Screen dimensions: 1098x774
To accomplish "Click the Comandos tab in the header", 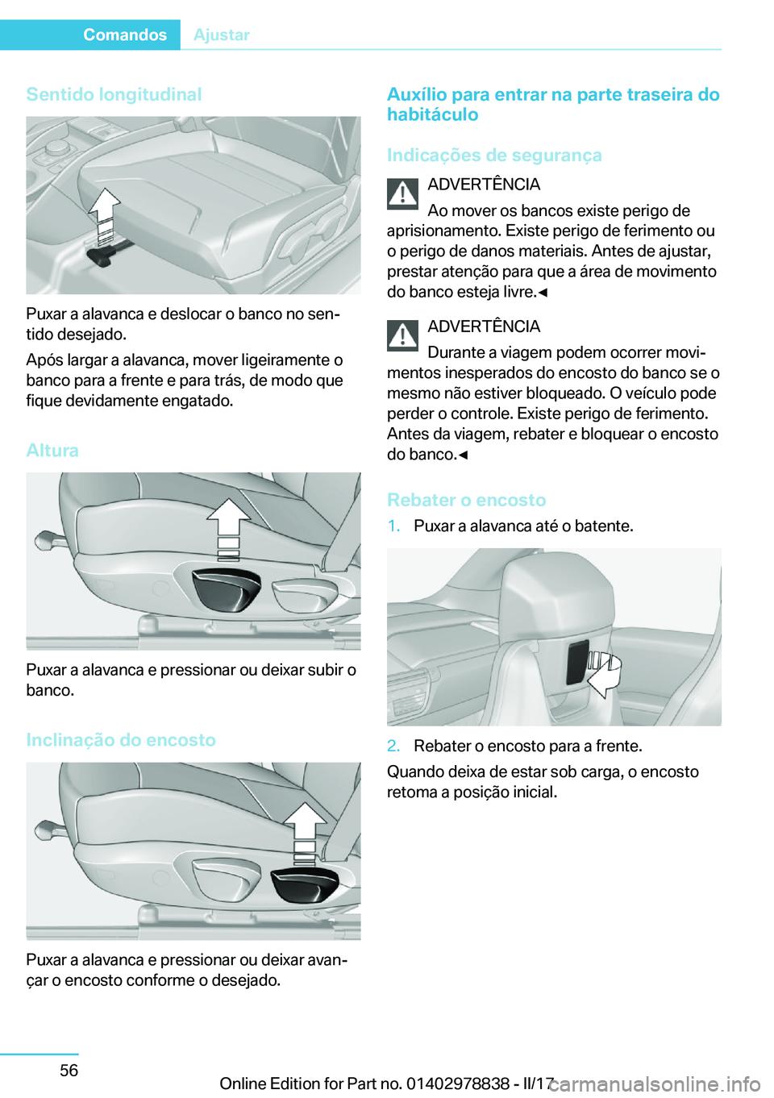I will tap(124, 35).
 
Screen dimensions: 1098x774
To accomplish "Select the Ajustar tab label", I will tap(222, 35).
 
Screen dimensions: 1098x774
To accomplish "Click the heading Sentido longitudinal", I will tap(114, 94).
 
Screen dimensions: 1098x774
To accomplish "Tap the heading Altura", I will tap(52, 451).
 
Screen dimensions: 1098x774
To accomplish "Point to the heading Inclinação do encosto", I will tap(121, 740).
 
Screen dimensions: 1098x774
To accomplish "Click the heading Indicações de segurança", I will tap(494, 155).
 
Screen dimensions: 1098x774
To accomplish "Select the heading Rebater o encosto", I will tap(466, 500).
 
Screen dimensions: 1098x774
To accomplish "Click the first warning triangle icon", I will tap(402, 193).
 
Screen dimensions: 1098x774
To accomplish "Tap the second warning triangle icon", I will tap(402, 335).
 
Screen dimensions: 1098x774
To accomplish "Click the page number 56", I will tap(69, 1070).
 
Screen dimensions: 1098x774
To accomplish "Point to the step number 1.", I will tap(393, 526).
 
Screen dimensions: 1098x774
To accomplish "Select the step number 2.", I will tap(393, 746).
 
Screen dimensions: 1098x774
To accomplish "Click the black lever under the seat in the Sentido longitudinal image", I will tap(100, 256).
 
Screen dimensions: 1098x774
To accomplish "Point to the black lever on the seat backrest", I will tap(577, 663).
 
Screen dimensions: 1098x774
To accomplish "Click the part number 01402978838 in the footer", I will tap(458, 1083).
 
